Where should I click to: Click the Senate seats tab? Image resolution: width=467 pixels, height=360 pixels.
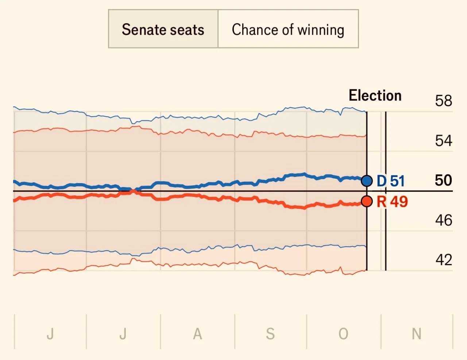click(x=163, y=28)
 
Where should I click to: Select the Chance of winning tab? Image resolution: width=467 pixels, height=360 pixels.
click(x=288, y=28)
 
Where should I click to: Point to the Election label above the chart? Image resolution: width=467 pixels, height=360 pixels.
click(x=375, y=95)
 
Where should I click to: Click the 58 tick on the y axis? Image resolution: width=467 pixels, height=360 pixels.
click(x=444, y=101)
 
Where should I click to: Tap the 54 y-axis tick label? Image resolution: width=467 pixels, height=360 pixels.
click(x=444, y=141)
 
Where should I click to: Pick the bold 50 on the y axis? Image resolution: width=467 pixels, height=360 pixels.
click(x=444, y=180)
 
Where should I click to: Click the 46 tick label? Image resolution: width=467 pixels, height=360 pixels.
click(x=444, y=220)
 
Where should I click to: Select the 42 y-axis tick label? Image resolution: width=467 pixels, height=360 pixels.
click(x=444, y=260)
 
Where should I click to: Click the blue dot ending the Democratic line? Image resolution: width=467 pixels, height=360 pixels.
click(x=367, y=181)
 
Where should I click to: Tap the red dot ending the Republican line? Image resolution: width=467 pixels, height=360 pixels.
click(x=367, y=201)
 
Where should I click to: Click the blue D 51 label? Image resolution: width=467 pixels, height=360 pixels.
click(x=391, y=181)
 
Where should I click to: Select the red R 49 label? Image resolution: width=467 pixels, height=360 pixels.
click(x=392, y=202)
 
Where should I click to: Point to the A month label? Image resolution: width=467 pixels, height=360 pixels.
click(x=197, y=334)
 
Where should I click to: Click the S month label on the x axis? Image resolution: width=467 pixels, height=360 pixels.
click(x=270, y=334)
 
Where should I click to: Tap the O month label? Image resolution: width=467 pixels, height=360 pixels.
click(x=343, y=334)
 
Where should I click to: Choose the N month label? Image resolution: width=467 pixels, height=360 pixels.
click(x=417, y=334)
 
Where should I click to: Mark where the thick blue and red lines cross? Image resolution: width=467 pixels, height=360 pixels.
click(x=134, y=190)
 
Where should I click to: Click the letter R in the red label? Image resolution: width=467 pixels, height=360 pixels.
click(x=382, y=202)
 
